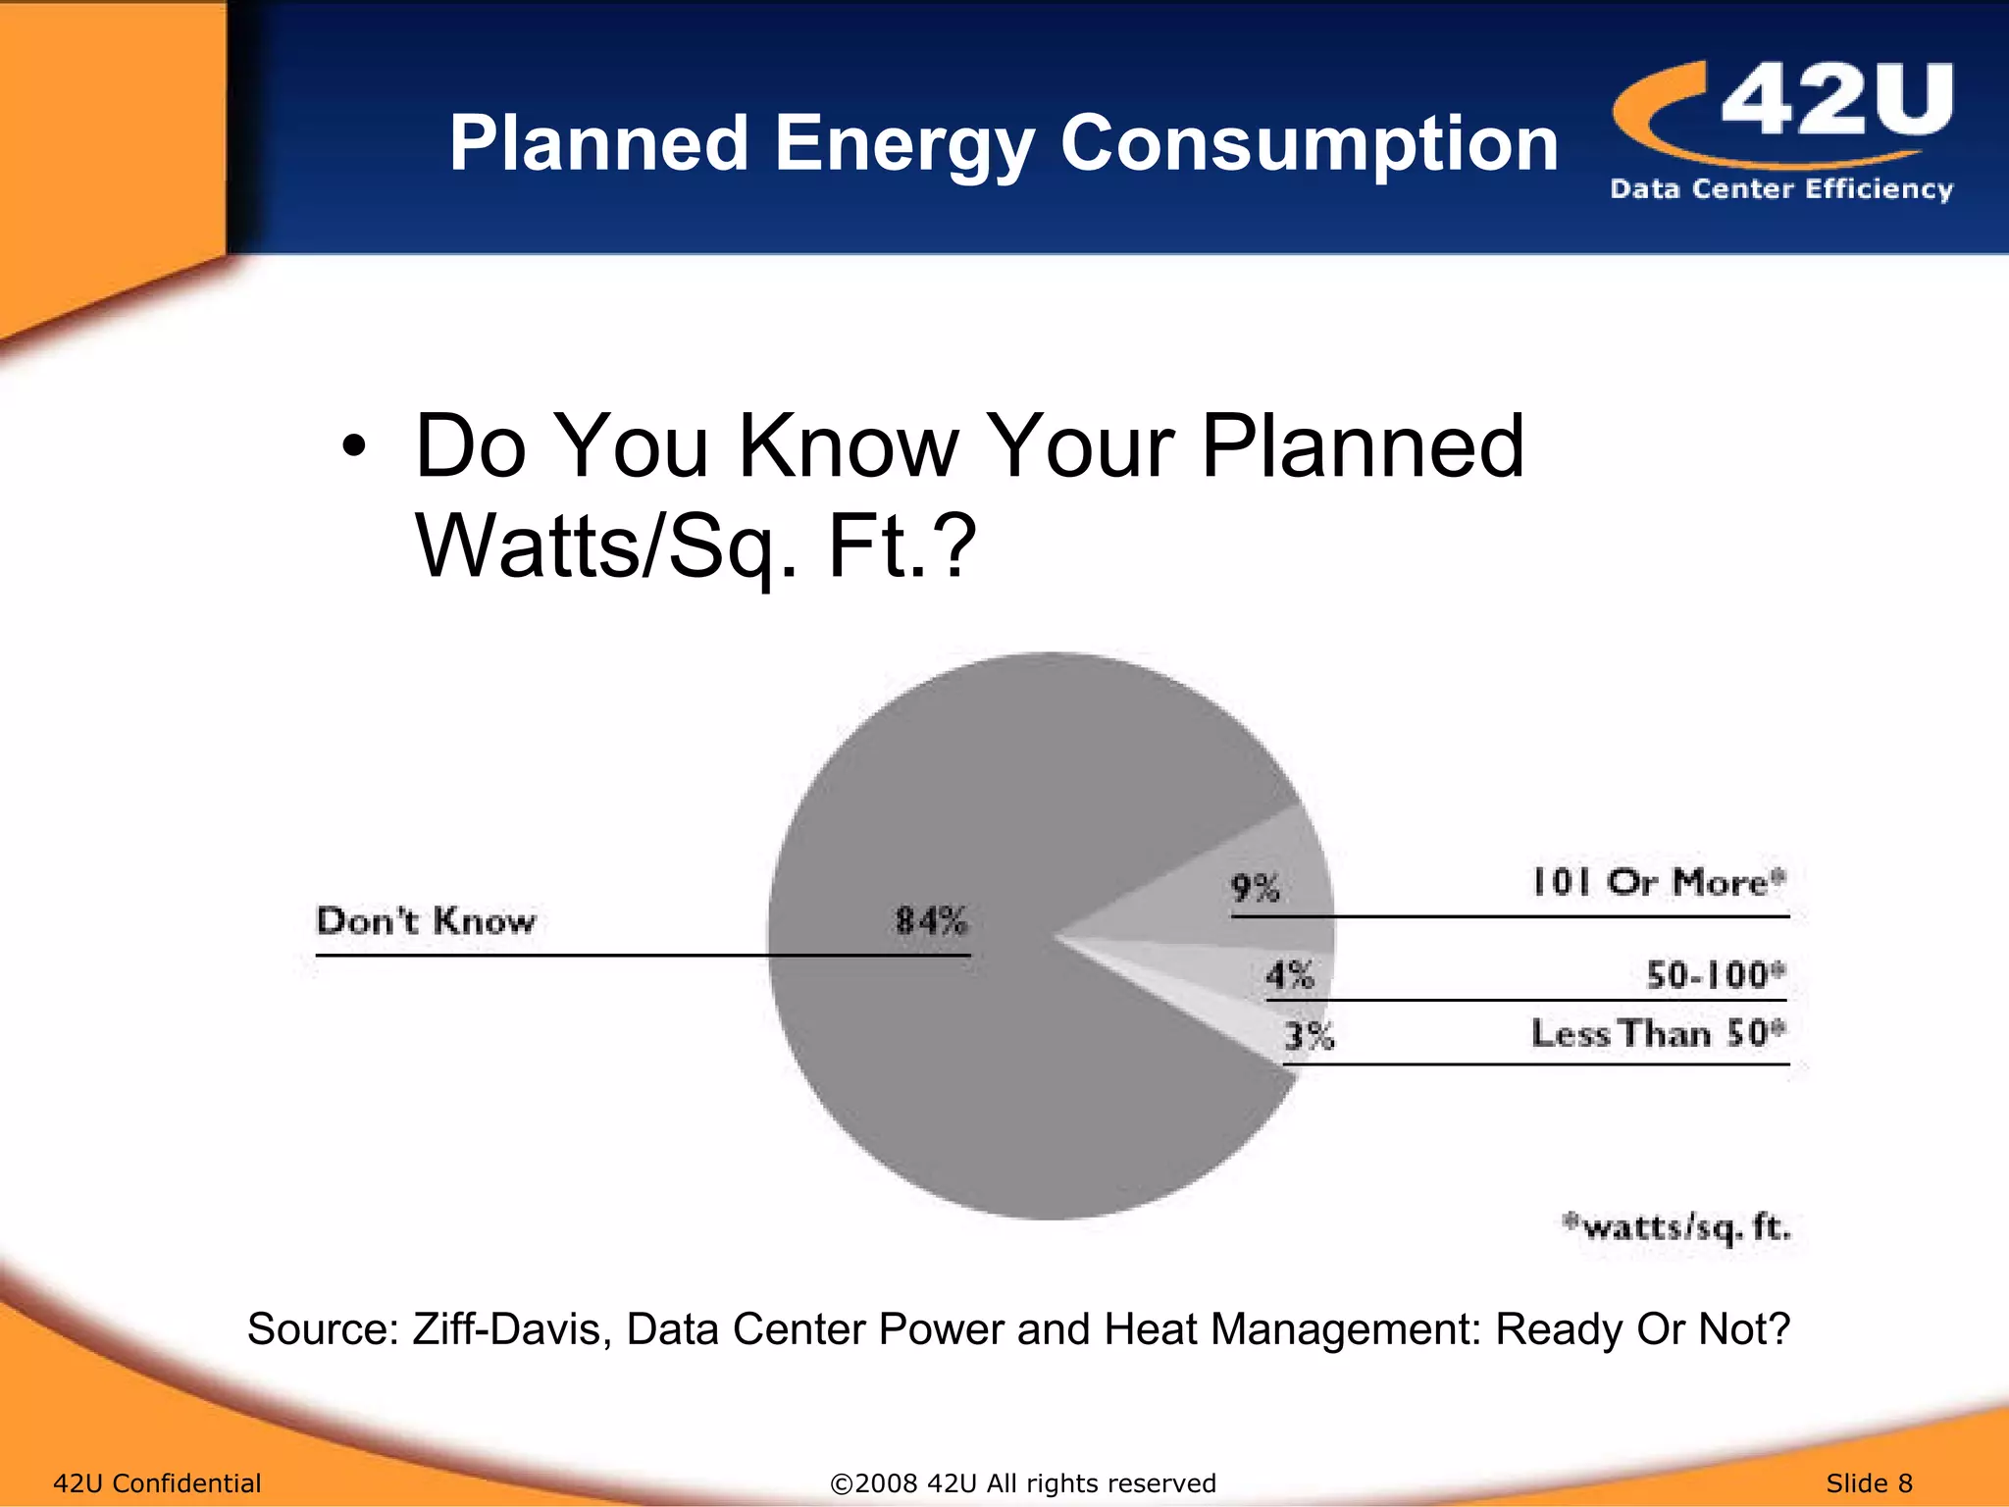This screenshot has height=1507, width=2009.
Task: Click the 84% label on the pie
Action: tap(930, 920)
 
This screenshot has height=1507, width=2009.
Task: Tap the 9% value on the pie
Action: tap(1255, 888)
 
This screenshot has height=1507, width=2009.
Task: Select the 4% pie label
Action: tap(1289, 975)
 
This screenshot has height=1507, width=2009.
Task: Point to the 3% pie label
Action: tap(1310, 1035)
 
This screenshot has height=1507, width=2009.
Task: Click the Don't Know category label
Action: tap(426, 920)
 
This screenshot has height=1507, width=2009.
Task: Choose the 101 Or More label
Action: tap(1658, 882)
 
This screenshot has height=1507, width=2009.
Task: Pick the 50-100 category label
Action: tap(1715, 975)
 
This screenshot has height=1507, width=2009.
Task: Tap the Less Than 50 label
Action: tap(1658, 1033)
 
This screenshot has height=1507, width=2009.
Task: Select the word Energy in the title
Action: tap(903, 145)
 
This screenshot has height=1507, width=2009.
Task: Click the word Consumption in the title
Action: tap(1309, 145)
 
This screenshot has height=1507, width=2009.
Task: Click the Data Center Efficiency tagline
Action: tap(1781, 188)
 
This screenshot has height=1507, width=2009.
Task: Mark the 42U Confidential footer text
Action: tap(157, 1482)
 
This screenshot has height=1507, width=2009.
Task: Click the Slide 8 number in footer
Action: tap(1869, 1482)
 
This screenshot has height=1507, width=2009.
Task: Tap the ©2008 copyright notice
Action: tap(1022, 1482)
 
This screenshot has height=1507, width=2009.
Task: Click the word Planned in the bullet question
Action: tap(1363, 446)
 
